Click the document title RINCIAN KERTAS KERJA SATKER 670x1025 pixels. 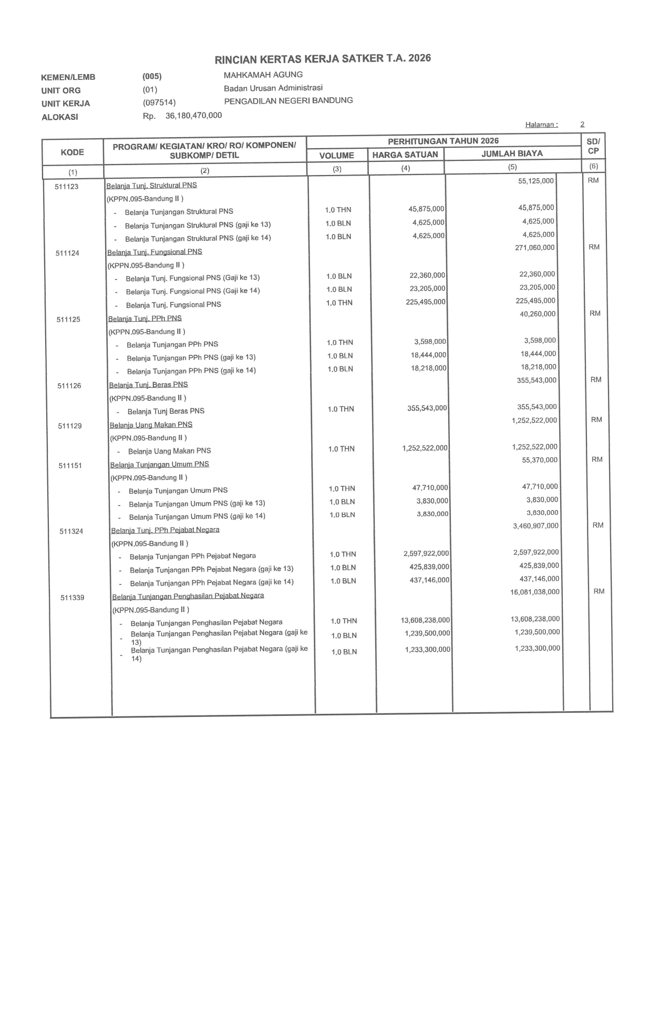323,58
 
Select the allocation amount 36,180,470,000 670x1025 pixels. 193,116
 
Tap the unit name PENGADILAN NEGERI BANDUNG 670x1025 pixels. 288,100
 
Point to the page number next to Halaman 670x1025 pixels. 582,125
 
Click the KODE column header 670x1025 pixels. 73,152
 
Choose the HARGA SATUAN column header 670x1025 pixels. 405,155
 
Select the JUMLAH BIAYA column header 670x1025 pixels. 512,153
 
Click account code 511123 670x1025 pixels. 67,187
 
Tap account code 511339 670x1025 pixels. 72,598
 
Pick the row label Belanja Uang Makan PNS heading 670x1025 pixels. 151,425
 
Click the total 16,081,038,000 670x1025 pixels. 534,592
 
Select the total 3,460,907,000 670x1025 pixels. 535,526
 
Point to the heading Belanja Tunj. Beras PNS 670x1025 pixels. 148,385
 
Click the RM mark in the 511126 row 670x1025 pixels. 595,380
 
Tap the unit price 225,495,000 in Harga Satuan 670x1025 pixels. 425,302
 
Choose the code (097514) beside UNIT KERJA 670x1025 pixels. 159,102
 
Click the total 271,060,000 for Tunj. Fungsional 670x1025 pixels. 534,248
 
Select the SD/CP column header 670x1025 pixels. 593,146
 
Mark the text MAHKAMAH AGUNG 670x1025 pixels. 263,75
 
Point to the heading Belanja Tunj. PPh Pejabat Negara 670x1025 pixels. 165,530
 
